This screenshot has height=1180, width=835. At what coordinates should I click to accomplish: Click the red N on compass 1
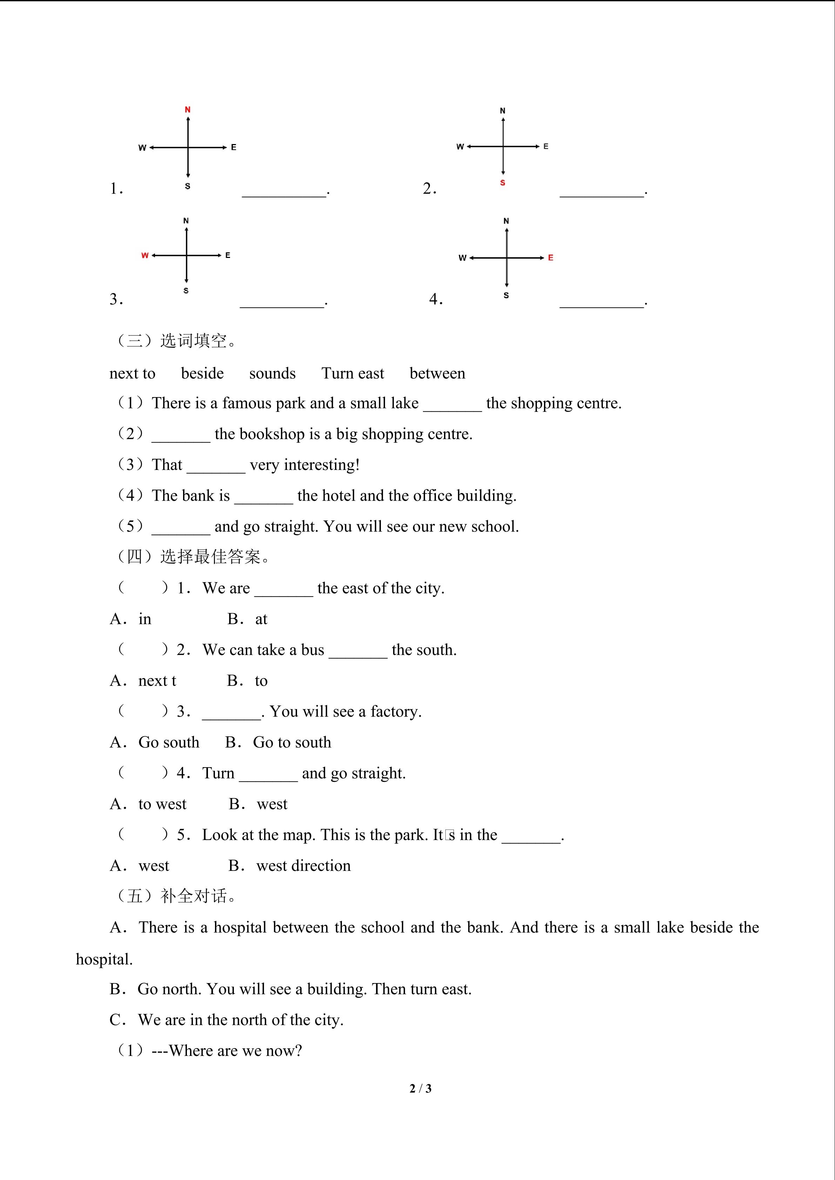click(188, 109)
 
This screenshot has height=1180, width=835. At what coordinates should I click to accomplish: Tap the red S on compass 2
click(502, 183)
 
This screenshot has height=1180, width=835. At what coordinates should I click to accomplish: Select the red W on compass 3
click(144, 255)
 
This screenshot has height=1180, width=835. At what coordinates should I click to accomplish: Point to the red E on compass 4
click(550, 258)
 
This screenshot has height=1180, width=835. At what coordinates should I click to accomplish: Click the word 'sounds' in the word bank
click(272, 373)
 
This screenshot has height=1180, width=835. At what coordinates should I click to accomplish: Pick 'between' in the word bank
click(437, 373)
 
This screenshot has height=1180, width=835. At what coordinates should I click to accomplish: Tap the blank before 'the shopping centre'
click(452, 406)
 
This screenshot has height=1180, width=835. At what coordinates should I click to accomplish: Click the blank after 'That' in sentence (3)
click(216, 468)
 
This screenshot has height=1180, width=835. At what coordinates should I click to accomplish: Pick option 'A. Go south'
click(155, 742)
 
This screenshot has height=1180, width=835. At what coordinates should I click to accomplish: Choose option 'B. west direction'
click(289, 866)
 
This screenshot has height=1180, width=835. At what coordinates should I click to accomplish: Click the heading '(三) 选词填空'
click(175, 341)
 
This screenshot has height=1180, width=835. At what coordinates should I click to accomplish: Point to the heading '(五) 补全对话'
click(175, 896)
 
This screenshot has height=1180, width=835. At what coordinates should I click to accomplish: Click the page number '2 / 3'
click(420, 1089)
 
